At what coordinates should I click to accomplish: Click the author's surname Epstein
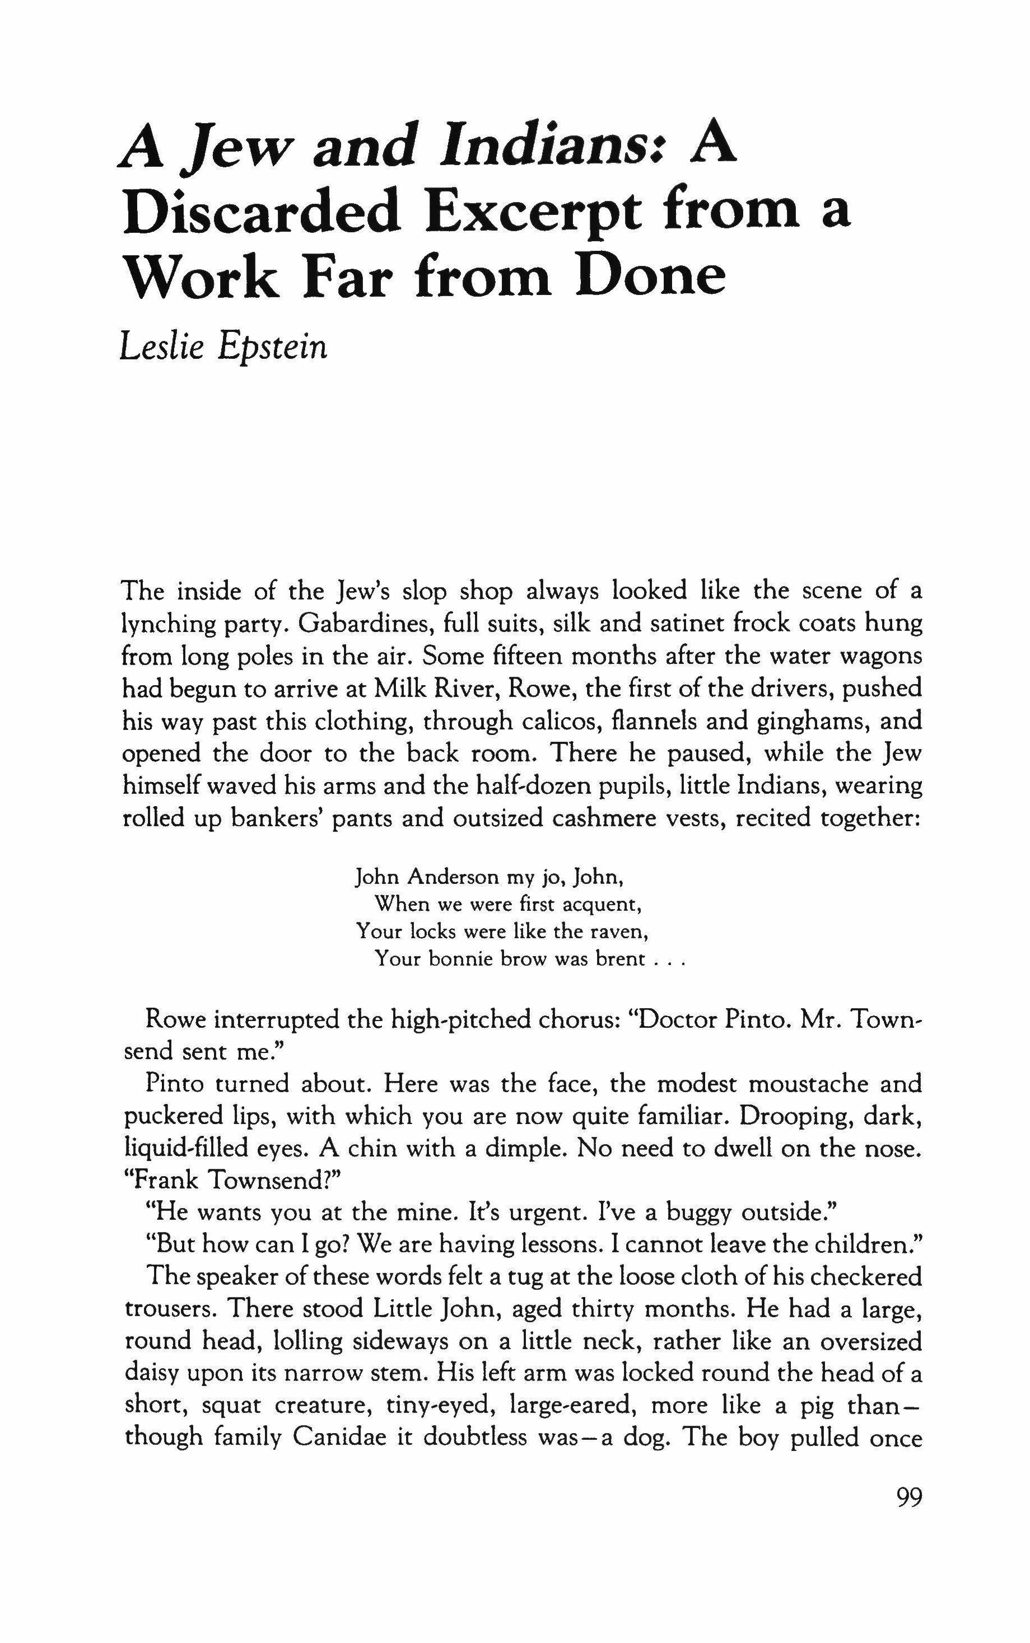click(273, 349)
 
